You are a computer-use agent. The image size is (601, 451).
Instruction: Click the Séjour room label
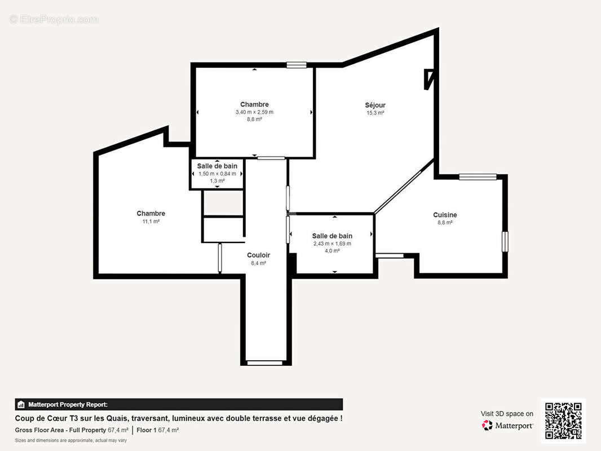[x=375, y=105]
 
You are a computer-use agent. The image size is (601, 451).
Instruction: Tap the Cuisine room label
[x=445, y=215]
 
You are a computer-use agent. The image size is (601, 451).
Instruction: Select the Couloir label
[x=258, y=255]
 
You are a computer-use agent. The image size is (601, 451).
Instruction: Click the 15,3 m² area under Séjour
[x=375, y=113]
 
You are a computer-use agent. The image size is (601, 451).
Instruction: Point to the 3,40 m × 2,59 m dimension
[x=254, y=112]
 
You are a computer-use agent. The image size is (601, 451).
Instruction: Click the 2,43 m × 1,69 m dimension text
[x=332, y=244]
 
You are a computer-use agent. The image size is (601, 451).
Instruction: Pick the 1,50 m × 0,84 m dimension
[x=217, y=174]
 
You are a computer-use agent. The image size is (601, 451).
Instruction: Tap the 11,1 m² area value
[x=151, y=222]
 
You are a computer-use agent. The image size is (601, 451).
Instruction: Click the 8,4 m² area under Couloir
[x=258, y=263]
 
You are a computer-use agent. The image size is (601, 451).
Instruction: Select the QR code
[x=563, y=421]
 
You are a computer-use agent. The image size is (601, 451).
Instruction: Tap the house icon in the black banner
[x=21, y=405]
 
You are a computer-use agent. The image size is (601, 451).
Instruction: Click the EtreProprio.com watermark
[x=54, y=19]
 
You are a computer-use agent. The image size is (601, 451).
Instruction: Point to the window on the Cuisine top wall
[x=478, y=176]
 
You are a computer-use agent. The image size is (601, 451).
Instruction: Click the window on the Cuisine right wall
[x=505, y=241]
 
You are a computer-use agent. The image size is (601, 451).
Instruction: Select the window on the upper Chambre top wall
[x=297, y=65]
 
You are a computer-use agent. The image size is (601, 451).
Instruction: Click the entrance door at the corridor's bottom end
[x=264, y=362]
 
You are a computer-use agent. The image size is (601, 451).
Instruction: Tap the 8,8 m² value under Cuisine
[x=445, y=223]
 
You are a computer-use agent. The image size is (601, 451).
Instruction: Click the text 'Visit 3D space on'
[x=507, y=414]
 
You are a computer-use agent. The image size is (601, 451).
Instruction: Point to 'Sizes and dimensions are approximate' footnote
[x=71, y=441]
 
